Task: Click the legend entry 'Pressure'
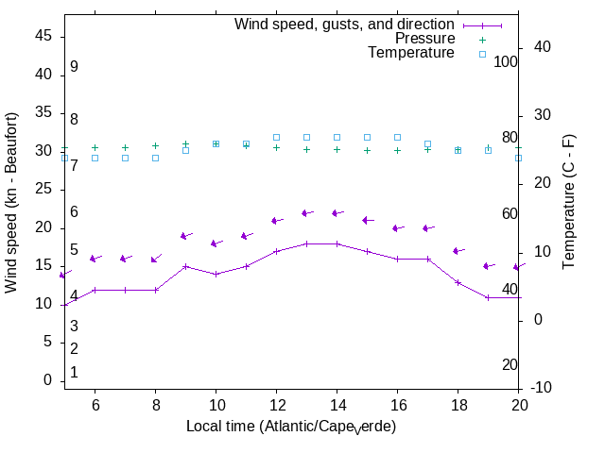click(x=424, y=39)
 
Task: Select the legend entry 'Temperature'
click(x=411, y=53)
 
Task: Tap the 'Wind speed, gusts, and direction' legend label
click(x=344, y=25)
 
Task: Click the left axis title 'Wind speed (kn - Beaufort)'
click(x=12, y=202)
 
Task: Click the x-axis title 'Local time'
click(x=290, y=427)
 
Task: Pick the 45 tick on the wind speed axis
click(x=43, y=35)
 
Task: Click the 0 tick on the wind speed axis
click(x=46, y=380)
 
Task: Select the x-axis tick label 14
click(x=337, y=404)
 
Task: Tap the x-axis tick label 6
click(x=95, y=404)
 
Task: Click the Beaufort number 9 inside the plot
click(x=74, y=67)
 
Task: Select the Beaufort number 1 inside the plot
click(x=74, y=373)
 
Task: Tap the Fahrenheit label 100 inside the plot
click(x=506, y=61)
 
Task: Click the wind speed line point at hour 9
click(x=185, y=266)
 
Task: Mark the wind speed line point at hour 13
click(x=306, y=243)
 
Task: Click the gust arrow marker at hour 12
click(x=276, y=220)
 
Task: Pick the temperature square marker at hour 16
click(x=397, y=137)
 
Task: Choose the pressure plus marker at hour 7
click(x=125, y=147)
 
